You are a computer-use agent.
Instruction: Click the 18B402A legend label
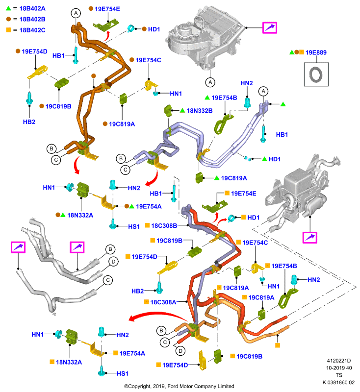pyautogui.click(x=32, y=8)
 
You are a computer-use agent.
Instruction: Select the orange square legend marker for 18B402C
pyautogui.click(x=8, y=30)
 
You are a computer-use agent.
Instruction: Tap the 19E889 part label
pyautogui.click(x=316, y=52)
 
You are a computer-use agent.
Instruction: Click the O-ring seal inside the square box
pyautogui.click(x=316, y=74)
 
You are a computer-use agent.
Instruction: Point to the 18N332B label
pyautogui.click(x=200, y=111)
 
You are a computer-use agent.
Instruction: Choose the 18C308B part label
pyautogui.click(x=164, y=226)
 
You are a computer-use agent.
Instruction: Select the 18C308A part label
pyautogui.click(x=163, y=302)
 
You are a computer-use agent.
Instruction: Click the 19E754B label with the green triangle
pyautogui.click(x=224, y=98)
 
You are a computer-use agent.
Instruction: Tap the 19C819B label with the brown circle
pyautogui.click(x=58, y=106)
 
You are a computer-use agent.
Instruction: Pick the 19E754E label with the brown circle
pyautogui.click(x=107, y=9)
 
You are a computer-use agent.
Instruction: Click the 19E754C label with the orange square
pyautogui.click(x=255, y=243)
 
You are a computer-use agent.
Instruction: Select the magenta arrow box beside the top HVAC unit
pyautogui.click(x=270, y=27)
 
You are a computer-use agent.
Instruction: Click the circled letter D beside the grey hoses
pyautogui.click(x=114, y=262)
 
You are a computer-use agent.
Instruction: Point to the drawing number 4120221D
pyautogui.click(x=339, y=361)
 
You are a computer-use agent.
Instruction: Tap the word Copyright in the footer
pyautogui.click(x=139, y=386)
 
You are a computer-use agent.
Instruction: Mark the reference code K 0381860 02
pyautogui.click(x=338, y=383)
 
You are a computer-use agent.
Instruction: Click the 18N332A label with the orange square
pyautogui.click(x=69, y=362)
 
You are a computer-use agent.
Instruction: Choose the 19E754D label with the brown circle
pyautogui.click(x=34, y=51)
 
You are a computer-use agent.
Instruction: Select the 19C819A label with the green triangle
pyautogui.click(x=234, y=178)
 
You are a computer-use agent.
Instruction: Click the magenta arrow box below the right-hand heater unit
pyautogui.click(x=309, y=238)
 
